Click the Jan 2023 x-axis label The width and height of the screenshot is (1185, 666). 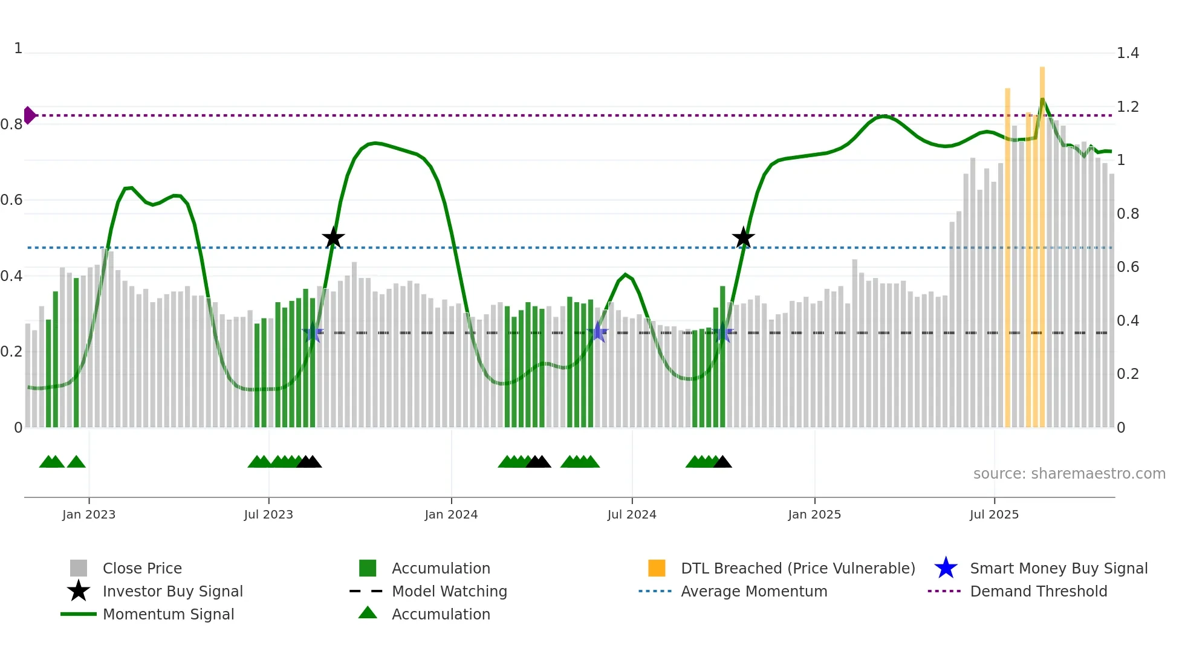[x=89, y=514]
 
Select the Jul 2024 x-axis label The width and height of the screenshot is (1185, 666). [x=632, y=514]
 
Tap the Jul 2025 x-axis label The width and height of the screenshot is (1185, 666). [x=994, y=514]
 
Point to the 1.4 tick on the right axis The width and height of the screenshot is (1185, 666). [x=1128, y=53]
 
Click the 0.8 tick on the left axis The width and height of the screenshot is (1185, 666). [x=12, y=124]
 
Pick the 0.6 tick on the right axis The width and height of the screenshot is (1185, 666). [x=1128, y=267]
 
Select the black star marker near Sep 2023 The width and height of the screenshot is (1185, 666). [x=333, y=238]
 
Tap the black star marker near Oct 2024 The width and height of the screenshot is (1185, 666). [x=743, y=238]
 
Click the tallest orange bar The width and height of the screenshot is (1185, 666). [x=1042, y=242]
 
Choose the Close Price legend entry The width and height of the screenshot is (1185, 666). [x=142, y=568]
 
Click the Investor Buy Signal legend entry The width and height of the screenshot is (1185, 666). [x=172, y=591]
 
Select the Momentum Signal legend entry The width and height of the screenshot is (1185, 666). [x=168, y=614]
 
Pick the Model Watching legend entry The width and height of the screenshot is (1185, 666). [x=449, y=591]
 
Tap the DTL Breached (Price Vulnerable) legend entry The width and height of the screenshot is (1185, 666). [x=797, y=568]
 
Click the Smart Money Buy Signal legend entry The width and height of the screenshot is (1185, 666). [x=1059, y=568]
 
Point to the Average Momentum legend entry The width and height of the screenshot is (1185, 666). [x=754, y=591]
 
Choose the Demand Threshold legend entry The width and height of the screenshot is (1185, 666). [x=1038, y=591]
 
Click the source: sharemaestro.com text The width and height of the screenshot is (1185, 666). [x=1069, y=474]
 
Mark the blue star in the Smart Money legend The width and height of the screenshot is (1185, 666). [x=946, y=568]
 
